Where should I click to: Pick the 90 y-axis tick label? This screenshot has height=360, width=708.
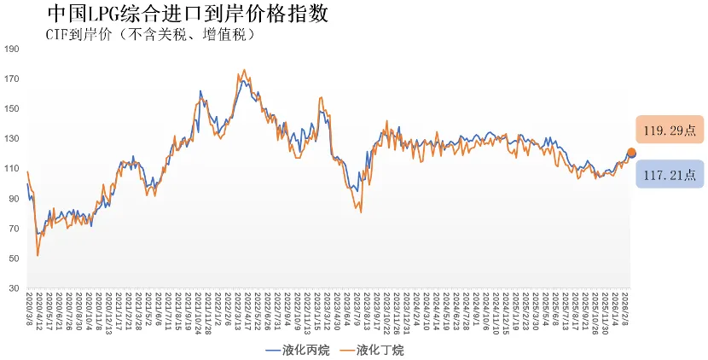[14, 199]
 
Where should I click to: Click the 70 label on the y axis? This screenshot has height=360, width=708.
[14, 229]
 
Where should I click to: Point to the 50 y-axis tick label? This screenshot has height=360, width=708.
[14, 258]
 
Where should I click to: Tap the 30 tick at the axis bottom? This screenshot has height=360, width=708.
[14, 288]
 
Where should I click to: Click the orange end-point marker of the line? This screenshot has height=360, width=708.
[631, 153]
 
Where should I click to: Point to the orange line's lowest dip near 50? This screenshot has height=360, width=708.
[38, 254]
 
